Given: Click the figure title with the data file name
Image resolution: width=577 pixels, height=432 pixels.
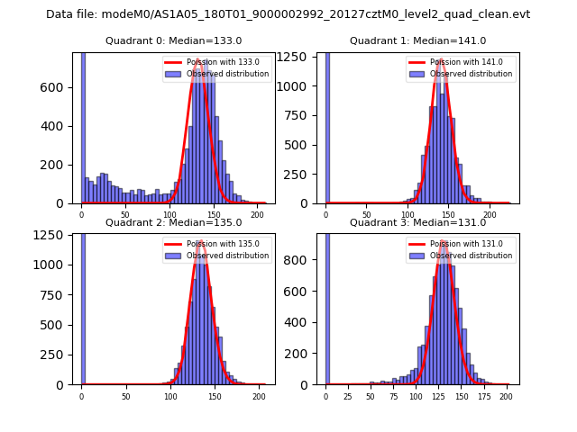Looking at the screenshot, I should tap(288, 14).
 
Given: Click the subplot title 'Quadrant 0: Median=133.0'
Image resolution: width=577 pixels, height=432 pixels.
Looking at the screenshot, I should tap(173, 40).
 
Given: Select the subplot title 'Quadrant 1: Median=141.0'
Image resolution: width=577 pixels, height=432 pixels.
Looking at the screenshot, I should tap(417, 40).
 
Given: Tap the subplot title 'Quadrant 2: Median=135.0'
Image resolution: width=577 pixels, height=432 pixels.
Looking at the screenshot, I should tap(173, 222).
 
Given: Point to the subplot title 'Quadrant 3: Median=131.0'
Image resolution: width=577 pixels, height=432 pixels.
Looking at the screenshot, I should tap(417, 222).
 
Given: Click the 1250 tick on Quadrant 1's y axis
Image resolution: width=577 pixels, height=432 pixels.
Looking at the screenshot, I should tap(301, 54).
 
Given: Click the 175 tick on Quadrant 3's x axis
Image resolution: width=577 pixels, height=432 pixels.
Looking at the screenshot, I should tap(483, 396).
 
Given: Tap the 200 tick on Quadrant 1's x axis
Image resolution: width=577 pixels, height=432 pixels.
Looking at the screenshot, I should tap(490, 214).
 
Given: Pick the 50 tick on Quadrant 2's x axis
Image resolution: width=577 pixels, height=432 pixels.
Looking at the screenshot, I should tap(125, 396).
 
